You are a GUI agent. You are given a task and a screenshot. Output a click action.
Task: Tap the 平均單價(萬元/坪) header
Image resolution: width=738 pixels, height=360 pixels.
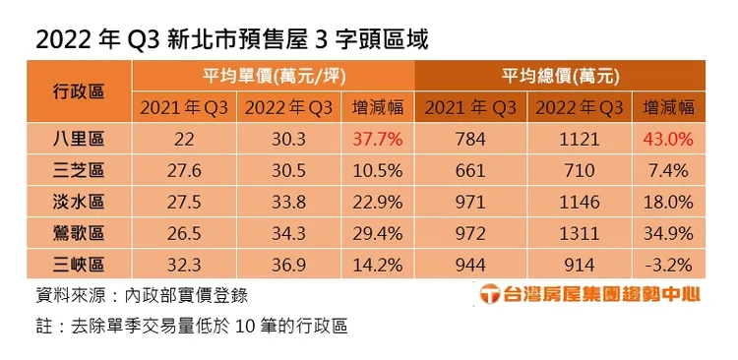tap(274, 76)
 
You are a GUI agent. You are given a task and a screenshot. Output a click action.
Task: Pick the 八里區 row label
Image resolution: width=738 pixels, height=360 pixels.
tap(79, 140)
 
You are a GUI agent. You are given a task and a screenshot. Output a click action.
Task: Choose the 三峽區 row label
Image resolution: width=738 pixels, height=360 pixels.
tap(79, 266)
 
